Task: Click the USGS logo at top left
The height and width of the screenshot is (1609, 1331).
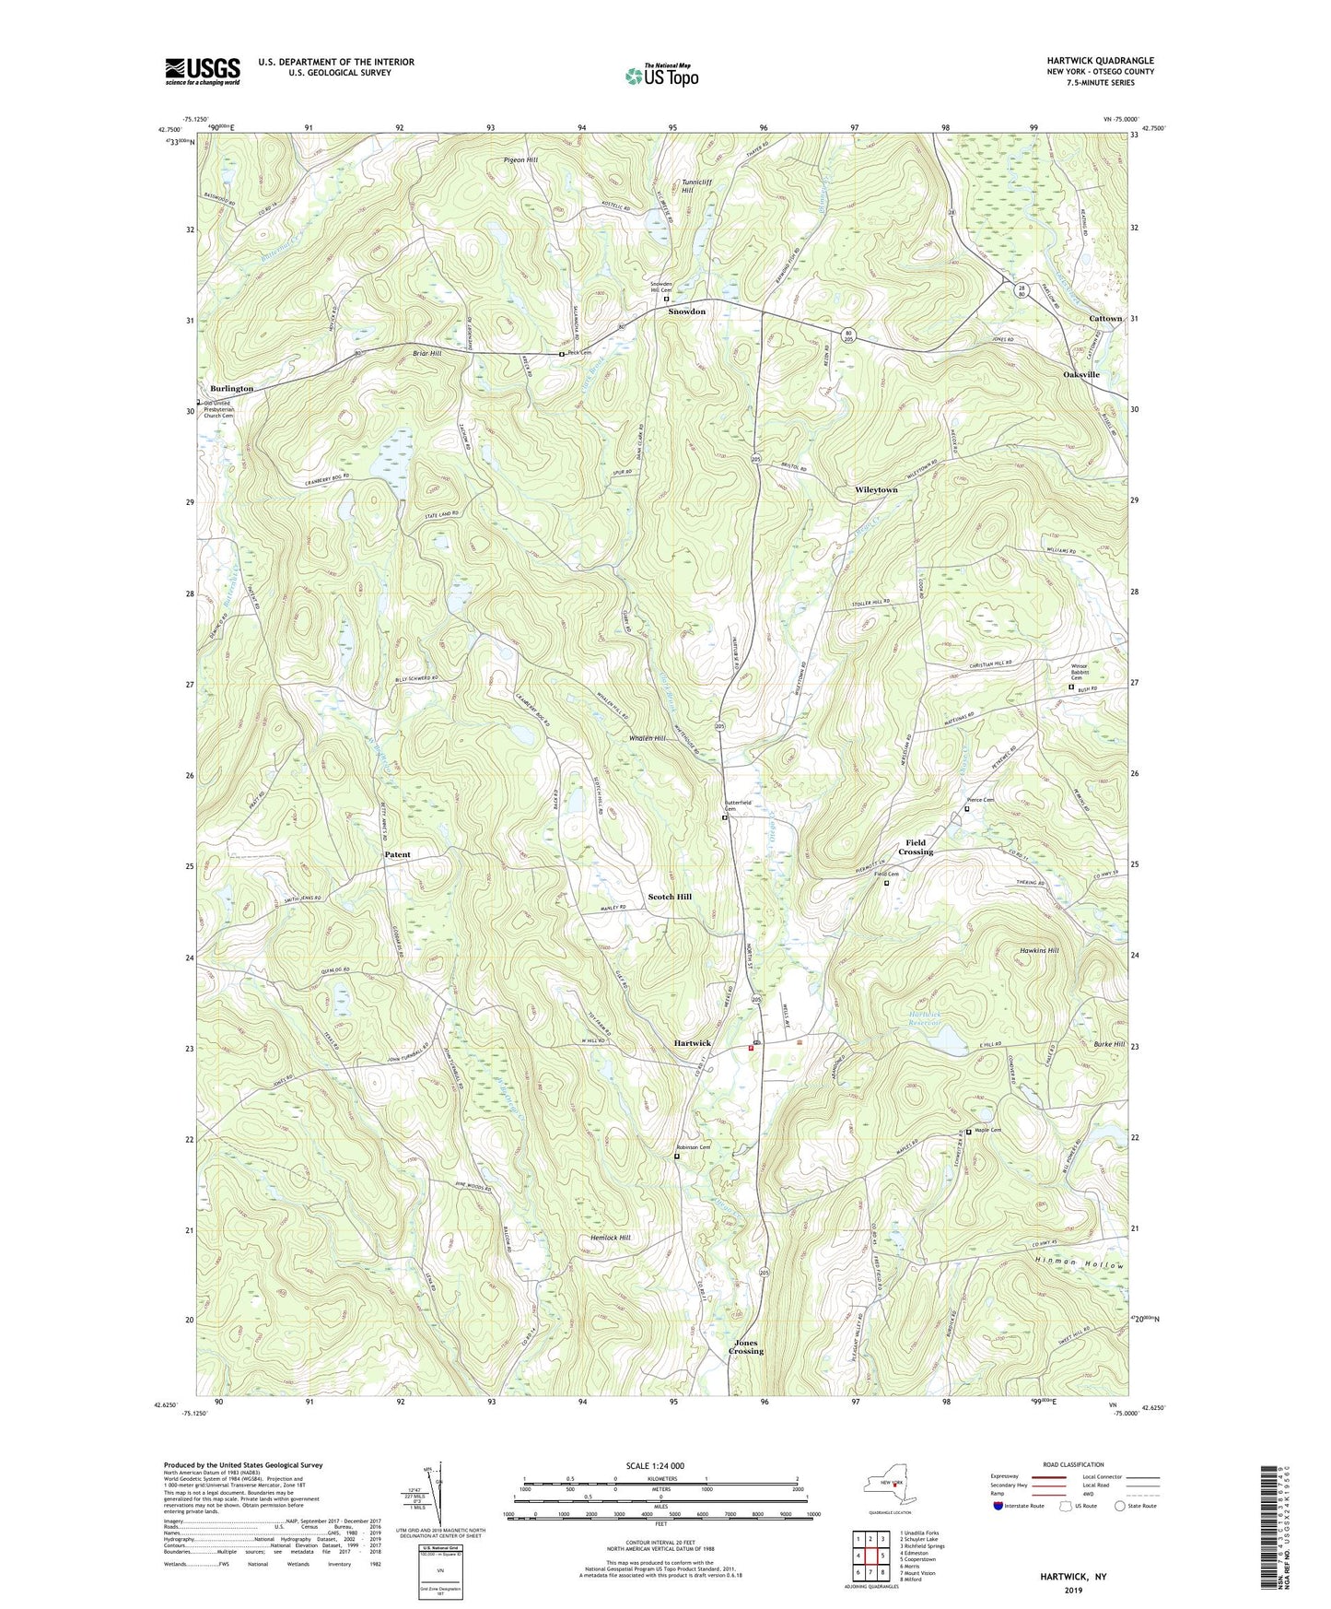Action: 203,71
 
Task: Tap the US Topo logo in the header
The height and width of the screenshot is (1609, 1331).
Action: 660,76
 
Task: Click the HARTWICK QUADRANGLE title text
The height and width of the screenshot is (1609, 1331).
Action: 1100,60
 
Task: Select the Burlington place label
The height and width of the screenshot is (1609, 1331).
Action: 231,389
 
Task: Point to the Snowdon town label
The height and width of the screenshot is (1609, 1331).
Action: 686,311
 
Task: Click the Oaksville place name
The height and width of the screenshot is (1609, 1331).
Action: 1081,375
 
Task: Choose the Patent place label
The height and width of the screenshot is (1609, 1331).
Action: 397,854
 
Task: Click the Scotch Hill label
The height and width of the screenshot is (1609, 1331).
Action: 670,896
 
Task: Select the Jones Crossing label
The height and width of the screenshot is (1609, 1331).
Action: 746,1346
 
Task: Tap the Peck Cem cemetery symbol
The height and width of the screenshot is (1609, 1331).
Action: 562,354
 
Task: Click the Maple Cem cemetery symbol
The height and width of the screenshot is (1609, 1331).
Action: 968,1133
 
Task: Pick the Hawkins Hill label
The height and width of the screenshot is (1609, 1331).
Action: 1039,950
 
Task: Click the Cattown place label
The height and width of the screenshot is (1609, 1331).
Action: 1105,319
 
